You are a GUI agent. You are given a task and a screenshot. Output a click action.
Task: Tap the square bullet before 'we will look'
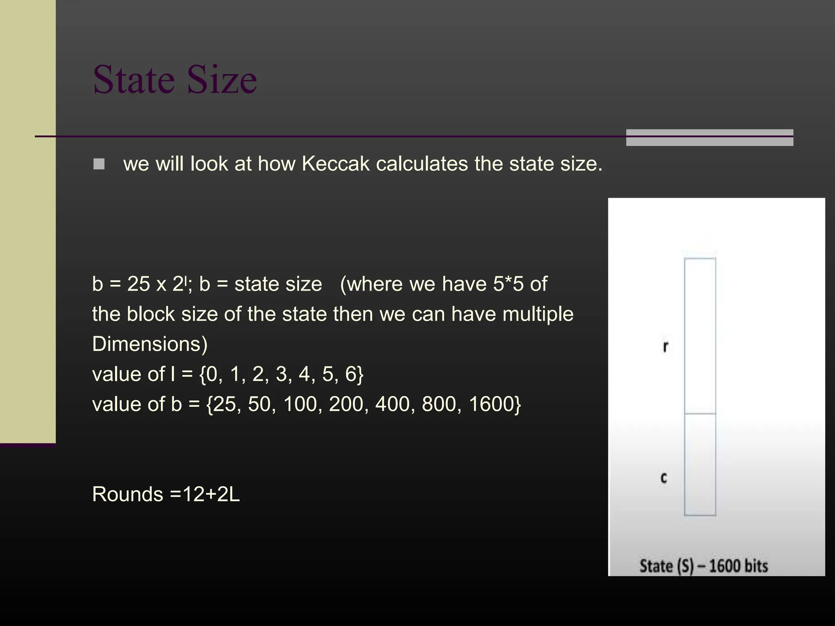pos(99,164)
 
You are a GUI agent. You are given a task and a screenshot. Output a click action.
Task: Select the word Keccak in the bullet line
pos(335,164)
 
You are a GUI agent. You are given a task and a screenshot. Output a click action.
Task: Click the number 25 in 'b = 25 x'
pos(139,284)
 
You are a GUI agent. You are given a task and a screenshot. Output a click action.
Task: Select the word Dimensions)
pos(150,344)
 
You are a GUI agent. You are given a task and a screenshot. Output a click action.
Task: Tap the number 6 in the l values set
pos(351,374)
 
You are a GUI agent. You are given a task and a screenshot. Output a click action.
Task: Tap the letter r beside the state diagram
pos(665,346)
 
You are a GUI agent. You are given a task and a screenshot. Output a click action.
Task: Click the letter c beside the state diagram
pos(664,477)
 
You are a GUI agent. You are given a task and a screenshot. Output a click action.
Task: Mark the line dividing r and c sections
pos(700,414)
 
